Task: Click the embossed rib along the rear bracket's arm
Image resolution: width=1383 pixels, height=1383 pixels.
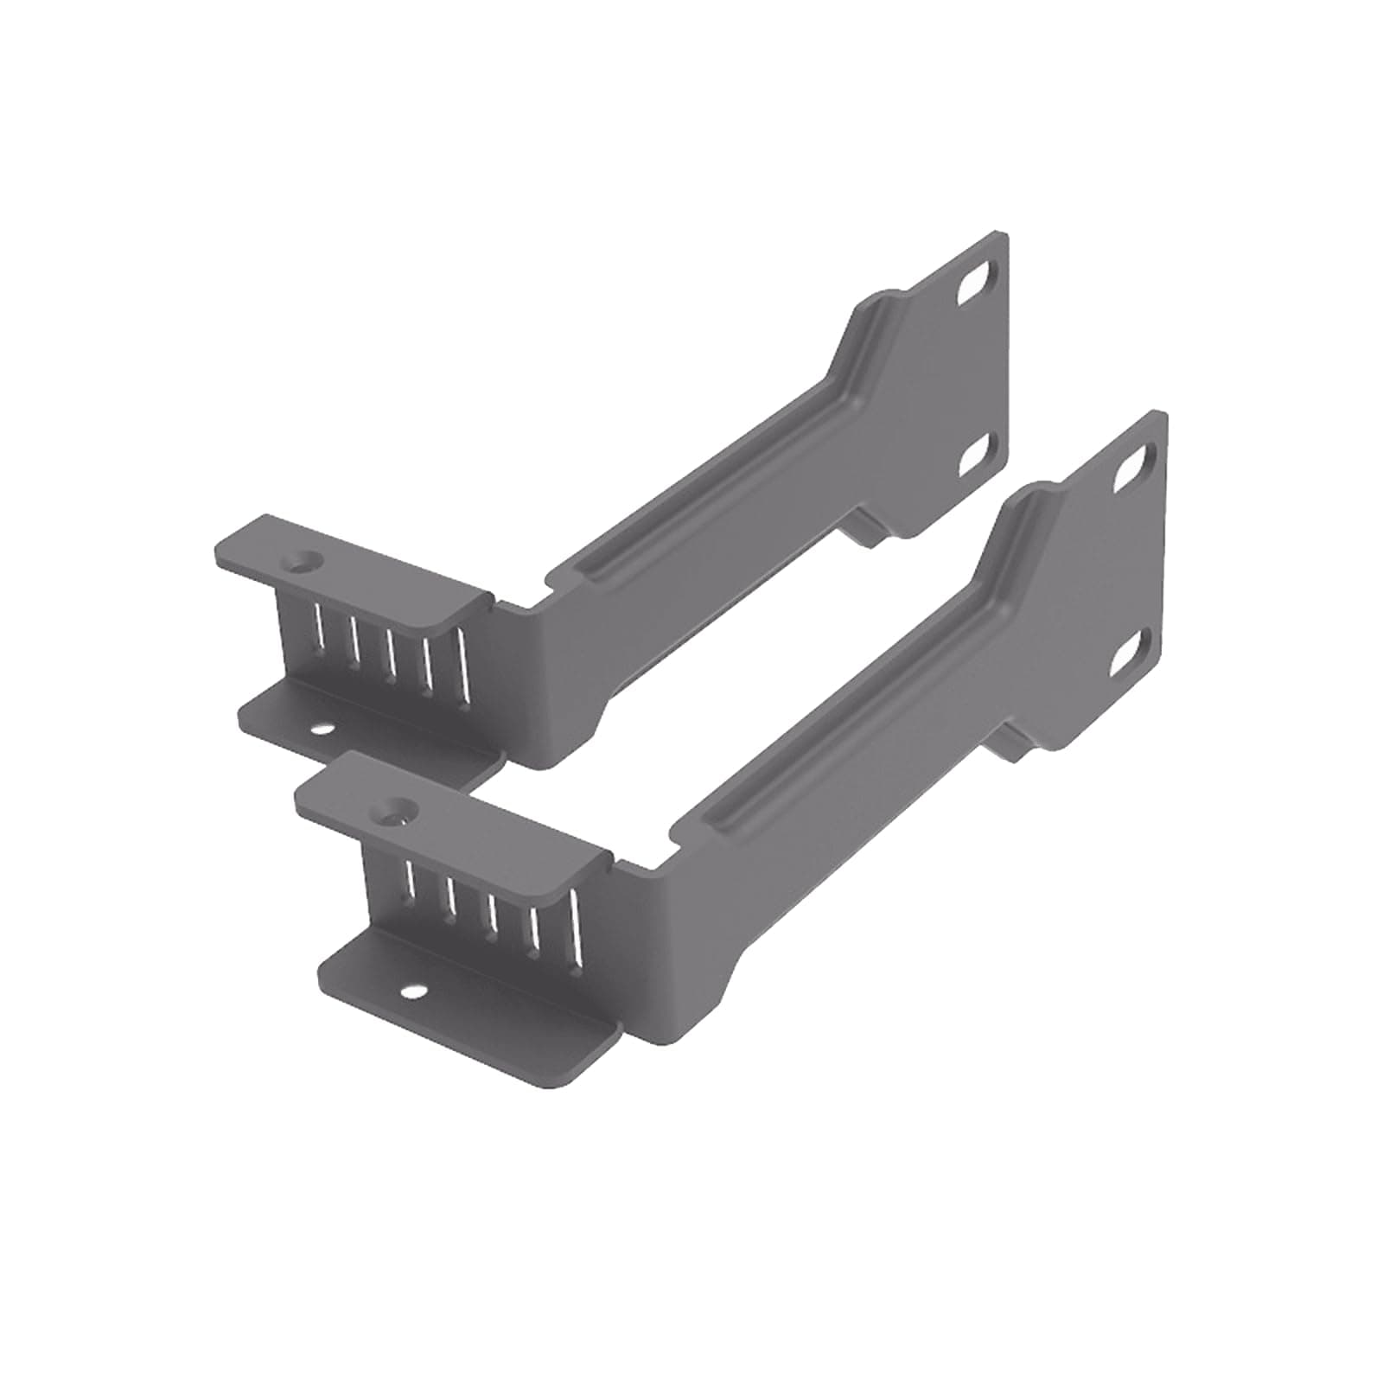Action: [709, 484]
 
